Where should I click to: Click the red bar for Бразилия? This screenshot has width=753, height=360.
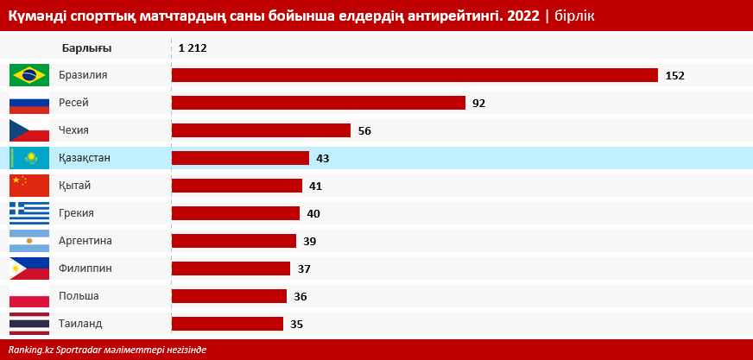pyautogui.click(x=414, y=75)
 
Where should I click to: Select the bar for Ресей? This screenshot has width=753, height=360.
pyautogui.click(x=319, y=103)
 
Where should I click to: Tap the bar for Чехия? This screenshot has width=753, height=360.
pyautogui.click(x=261, y=130)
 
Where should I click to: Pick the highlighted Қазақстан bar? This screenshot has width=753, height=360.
pyautogui.click(x=240, y=158)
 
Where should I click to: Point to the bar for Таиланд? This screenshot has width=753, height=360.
pyautogui.click(x=227, y=324)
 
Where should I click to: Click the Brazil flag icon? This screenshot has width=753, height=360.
pyautogui.click(x=28, y=75)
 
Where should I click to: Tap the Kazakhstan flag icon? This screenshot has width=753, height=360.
pyautogui.click(x=28, y=158)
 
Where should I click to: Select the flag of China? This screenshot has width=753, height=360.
pyautogui.click(x=28, y=186)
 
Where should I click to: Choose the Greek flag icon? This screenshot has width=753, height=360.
pyautogui.click(x=28, y=213)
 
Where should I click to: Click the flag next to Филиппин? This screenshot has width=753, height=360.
pyautogui.click(x=28, y=268)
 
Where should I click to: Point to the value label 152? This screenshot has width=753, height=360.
pyautogui.click(x=674, y=76)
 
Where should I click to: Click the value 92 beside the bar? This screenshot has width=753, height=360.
pyautogui.click(x=478, y=104)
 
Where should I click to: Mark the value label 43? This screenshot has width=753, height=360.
pyautogui.click(x=323, y=159)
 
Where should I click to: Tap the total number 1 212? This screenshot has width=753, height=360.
pyautogui.click(x=193, y=48)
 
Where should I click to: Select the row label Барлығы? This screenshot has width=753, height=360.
pyautogui.click(x=86, y=48)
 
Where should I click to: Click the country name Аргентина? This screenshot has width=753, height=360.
pyautogui.click(x=85, y=241)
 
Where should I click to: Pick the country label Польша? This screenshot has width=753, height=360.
pyautogui.click(x=79, y=296)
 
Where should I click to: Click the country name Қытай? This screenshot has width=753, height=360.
pyautogui.click(x=75, y=186)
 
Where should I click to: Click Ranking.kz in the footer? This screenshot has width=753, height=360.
pyautogui.click(x=31, y=350)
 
